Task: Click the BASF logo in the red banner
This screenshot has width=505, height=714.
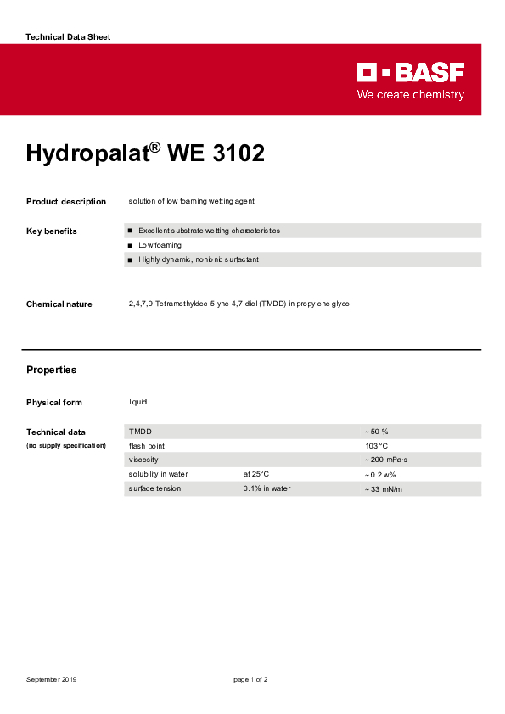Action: pyautogui.click(x=411, y=73)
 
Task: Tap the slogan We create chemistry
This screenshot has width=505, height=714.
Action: pyautogui.click(x=411, y=95)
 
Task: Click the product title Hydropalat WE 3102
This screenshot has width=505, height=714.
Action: pyautogui.click(x=145, y=153)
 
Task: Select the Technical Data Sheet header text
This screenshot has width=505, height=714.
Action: pyautogui.click(x=68, y=37)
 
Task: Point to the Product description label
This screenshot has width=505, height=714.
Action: pyautogui.click(x=66, y=202)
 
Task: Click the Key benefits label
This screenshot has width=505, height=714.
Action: pyautogui.click(x=52, y=231)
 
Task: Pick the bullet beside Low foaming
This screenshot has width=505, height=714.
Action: pyautogui.click(x=130, y=245)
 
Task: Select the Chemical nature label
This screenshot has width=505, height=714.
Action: pyautogui.click(x=59, y=304)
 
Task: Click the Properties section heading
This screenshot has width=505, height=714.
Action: pyautogui.click(x=51, y=370)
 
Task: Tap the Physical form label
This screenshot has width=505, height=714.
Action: pyautogui.click(x=54, y=403)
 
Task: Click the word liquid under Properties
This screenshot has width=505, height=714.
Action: pyautogui.click(x=137, y=402)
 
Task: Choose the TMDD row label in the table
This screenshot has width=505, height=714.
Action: pyautogui.click(x=140, y=432)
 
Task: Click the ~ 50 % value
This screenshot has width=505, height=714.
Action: pyautogui.click(x=376, y=432)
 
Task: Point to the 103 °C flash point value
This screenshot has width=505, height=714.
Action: pyautogui.click(x=376, y=446)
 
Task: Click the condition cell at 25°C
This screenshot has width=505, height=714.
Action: pyautogui.click(x=255, y=474)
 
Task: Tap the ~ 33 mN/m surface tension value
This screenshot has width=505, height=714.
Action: pyautogui.click(x=384, y=489)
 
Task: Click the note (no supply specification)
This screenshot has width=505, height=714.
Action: pyautogui.click(x=66, y=445)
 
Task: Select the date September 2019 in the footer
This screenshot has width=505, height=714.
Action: pyautogui.click(x=52, y=680)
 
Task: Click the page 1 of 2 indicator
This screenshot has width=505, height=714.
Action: pyautogui.click(x=251, y=680)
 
